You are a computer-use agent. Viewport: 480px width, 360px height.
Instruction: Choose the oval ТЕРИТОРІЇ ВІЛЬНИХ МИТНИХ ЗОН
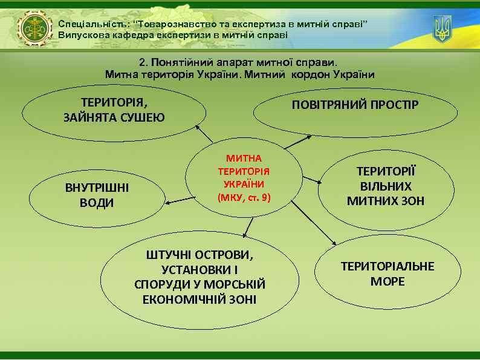pos(386,186)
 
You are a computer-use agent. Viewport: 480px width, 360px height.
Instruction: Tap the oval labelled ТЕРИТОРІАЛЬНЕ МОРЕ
pos(388,273)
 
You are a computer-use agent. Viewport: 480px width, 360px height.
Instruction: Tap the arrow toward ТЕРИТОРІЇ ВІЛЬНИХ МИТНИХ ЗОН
pos(311,179)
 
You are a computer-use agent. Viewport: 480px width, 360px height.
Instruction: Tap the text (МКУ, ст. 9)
pos(244,198)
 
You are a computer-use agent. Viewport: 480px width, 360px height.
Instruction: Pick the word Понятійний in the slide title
pos(176,62)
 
